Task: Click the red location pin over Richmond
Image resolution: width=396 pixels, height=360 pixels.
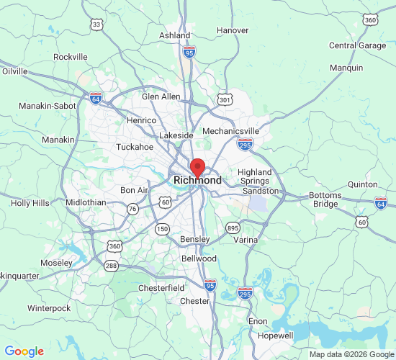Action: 197,168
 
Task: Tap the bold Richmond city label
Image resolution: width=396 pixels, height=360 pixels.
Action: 197,180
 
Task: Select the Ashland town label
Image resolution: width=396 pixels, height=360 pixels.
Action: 175,35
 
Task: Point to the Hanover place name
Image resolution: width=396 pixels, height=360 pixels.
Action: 233,30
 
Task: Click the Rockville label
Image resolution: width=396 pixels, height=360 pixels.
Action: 71,57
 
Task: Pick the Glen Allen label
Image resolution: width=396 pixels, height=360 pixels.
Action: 161,96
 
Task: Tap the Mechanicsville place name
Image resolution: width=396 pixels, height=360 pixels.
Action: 230,131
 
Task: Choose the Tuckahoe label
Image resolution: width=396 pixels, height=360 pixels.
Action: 135,147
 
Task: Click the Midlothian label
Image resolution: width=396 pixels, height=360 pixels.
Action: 86,203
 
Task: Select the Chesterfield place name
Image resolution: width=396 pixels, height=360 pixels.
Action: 161,288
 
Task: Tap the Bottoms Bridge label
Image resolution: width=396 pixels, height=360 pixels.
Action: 325,200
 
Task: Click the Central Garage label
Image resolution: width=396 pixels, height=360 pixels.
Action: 357,45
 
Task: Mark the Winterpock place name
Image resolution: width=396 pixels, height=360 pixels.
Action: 49,308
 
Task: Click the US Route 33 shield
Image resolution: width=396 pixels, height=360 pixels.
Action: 96,24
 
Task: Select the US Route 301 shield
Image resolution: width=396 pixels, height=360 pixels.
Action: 225,99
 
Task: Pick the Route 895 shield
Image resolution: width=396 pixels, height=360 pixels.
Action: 233,228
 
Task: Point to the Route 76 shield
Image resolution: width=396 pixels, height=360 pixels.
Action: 132,209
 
